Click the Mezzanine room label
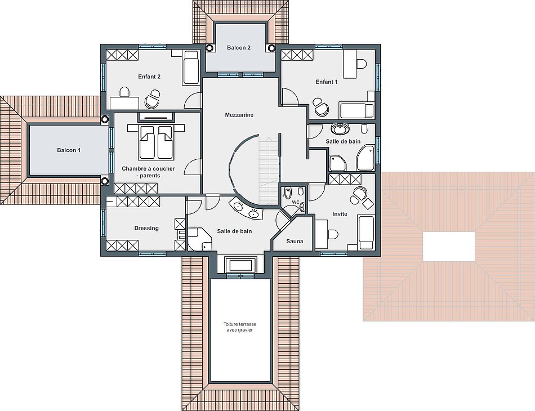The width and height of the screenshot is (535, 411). pos(239,115)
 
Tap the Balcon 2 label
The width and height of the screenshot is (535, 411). pos(239,48)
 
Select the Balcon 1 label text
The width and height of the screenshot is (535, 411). pos(69,150)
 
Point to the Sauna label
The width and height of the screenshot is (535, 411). pos(295,242)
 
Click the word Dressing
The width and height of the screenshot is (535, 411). pos(146,228)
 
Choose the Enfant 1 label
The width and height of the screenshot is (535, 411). pos(327,82)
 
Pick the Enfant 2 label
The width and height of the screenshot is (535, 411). pos(149,77)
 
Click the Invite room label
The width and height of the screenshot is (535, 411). pos(340,214)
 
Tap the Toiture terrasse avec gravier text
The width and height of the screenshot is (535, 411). pos(240,327)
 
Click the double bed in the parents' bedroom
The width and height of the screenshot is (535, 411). pos(156,142)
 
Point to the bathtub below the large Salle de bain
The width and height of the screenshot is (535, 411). pos(240,265)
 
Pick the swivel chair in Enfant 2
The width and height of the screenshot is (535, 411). pos(153,99)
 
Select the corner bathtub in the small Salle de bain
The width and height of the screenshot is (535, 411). pos(365,158)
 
